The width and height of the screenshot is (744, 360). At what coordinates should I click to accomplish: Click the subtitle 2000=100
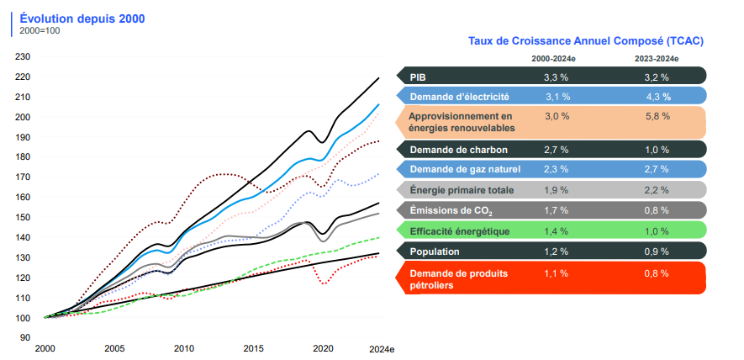click(40, 31)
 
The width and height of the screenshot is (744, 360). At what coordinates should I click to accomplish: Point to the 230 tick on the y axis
click(23, 57)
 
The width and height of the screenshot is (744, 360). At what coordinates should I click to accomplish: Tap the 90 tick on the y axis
click(25, 337)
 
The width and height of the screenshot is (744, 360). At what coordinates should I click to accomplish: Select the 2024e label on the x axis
click(381, 348)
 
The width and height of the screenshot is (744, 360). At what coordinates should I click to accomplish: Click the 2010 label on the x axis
click(183, 348)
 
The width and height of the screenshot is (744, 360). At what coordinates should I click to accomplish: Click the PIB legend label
click(418, 77)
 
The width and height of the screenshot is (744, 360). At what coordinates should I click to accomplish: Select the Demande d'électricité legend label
click(459, 97)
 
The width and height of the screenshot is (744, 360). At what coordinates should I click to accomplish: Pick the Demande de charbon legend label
click(458, 150)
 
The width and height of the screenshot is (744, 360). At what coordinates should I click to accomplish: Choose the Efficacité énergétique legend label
click(459, 231)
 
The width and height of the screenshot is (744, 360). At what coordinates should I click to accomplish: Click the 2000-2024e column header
click(552, 59)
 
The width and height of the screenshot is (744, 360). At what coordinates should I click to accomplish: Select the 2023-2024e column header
click(657, 59)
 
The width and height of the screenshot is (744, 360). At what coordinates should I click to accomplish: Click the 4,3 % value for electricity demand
click(658, 97)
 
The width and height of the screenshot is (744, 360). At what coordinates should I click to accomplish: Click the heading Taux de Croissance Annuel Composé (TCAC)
click(585, 40)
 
